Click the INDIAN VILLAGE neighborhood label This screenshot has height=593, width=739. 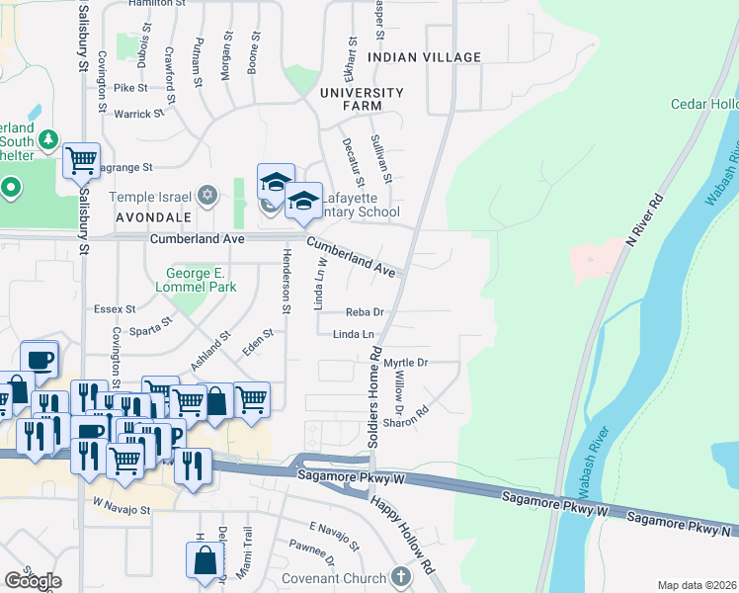(424, 58)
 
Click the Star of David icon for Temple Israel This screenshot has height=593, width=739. (207, 195)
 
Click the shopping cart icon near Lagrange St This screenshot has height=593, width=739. (81, 159)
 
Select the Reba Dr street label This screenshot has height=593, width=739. (364, 312)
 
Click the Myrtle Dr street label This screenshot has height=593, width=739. (405, 363)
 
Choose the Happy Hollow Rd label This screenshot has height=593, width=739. (402, 534)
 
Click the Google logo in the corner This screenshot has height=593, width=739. (32, 581)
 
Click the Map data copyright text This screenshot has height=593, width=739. (698, 585)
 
